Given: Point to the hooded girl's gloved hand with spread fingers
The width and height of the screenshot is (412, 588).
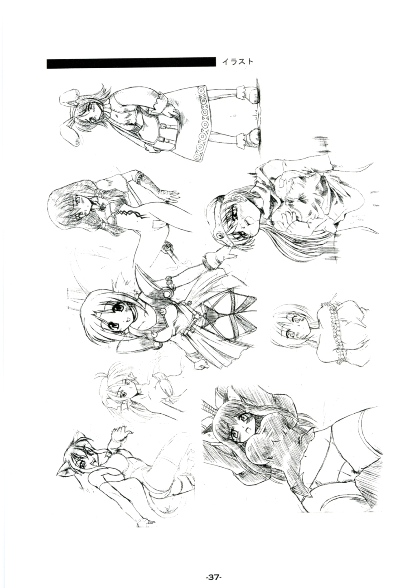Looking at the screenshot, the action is (x=166, y=194).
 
